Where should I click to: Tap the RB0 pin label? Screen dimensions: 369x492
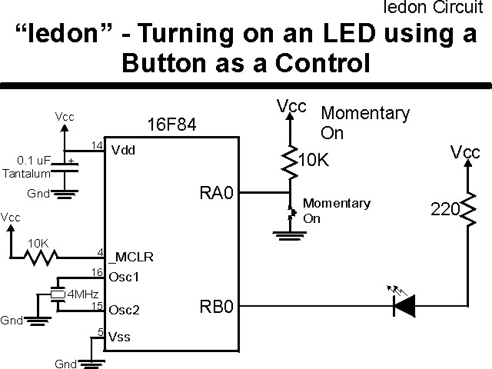coord(216,308)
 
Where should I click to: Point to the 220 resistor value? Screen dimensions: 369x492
coord(444,208)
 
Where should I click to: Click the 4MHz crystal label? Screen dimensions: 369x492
coord(83,294)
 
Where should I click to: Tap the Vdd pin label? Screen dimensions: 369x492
coord(123,150)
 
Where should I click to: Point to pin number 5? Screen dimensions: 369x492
coord(100,332)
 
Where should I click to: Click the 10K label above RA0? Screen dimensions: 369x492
coord(314,161)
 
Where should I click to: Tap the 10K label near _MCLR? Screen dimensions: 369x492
coord(38,243)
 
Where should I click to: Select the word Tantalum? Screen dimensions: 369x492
coord(28,174)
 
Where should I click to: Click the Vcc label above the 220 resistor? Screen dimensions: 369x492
coord(465,152)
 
